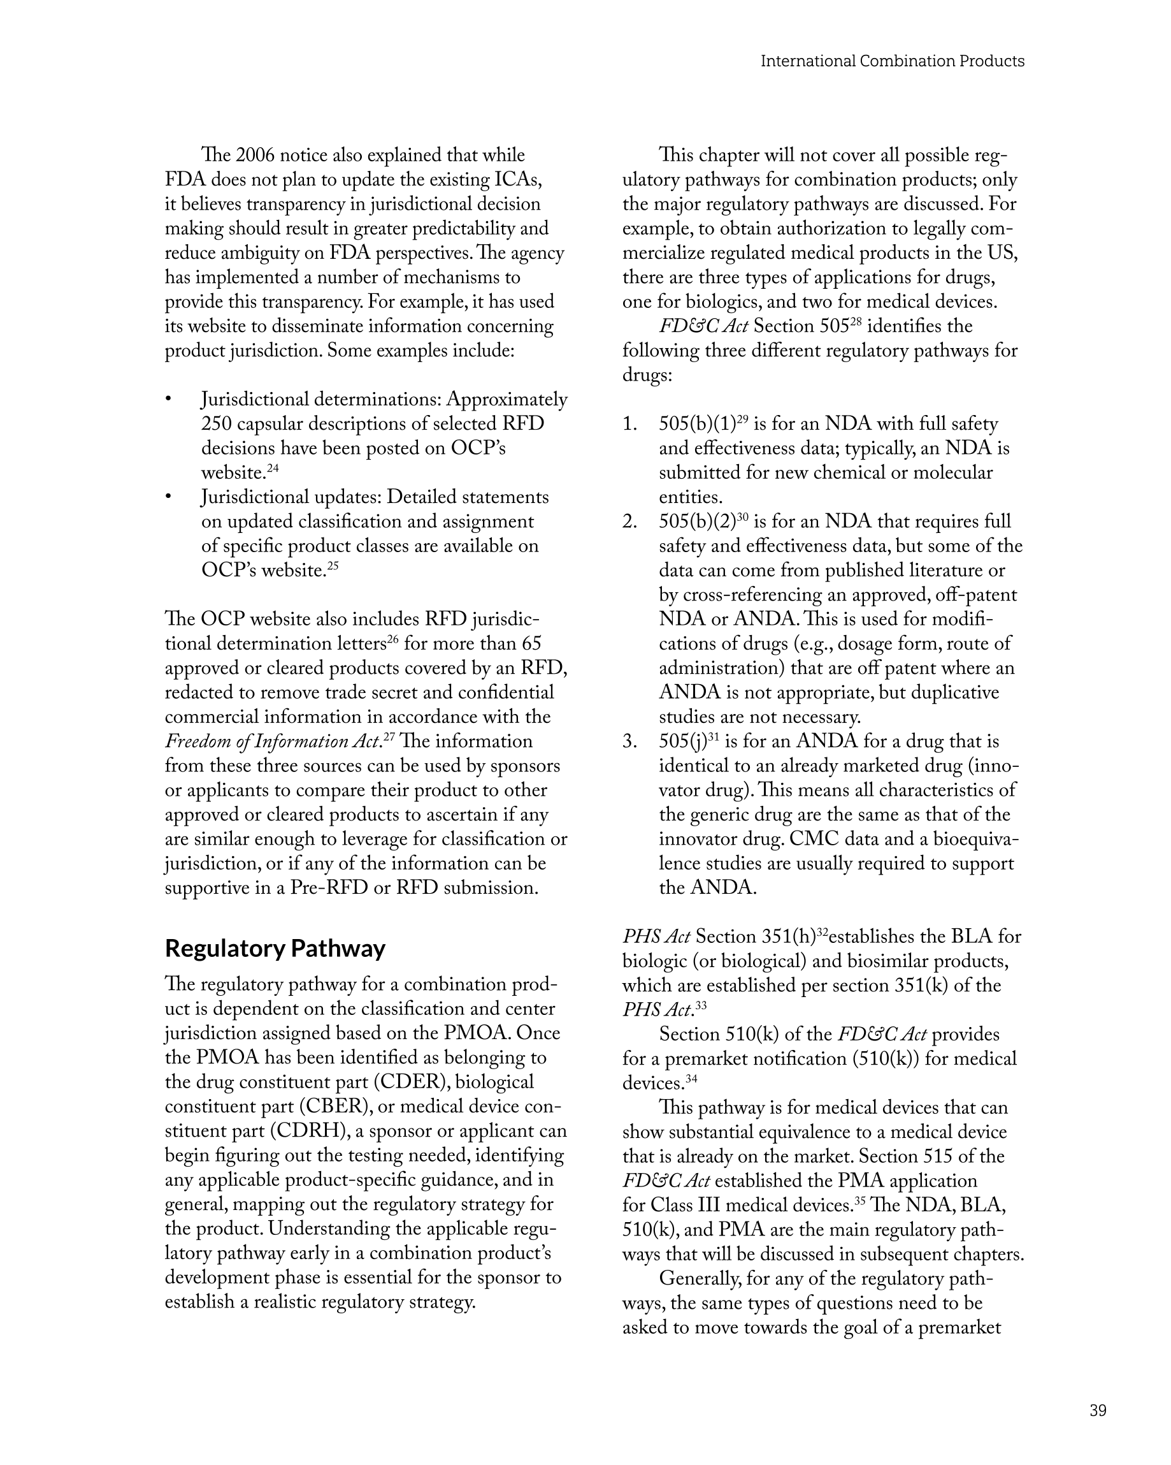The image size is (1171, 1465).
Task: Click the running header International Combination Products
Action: point(892,61)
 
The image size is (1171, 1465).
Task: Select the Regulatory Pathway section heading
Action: point(275,948)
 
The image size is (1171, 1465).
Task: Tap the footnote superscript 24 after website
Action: point(273,468)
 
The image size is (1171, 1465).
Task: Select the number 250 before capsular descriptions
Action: point(216,424)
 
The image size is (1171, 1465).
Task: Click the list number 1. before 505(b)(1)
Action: point(629,424)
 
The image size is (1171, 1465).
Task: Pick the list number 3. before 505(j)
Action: point(629,741)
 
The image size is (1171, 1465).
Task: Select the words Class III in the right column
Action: point(686,1206)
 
